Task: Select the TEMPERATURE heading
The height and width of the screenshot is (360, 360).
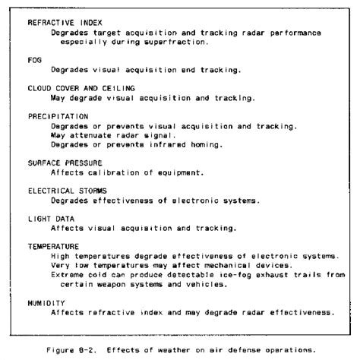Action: pyautogui.click(x=53, y=246)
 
